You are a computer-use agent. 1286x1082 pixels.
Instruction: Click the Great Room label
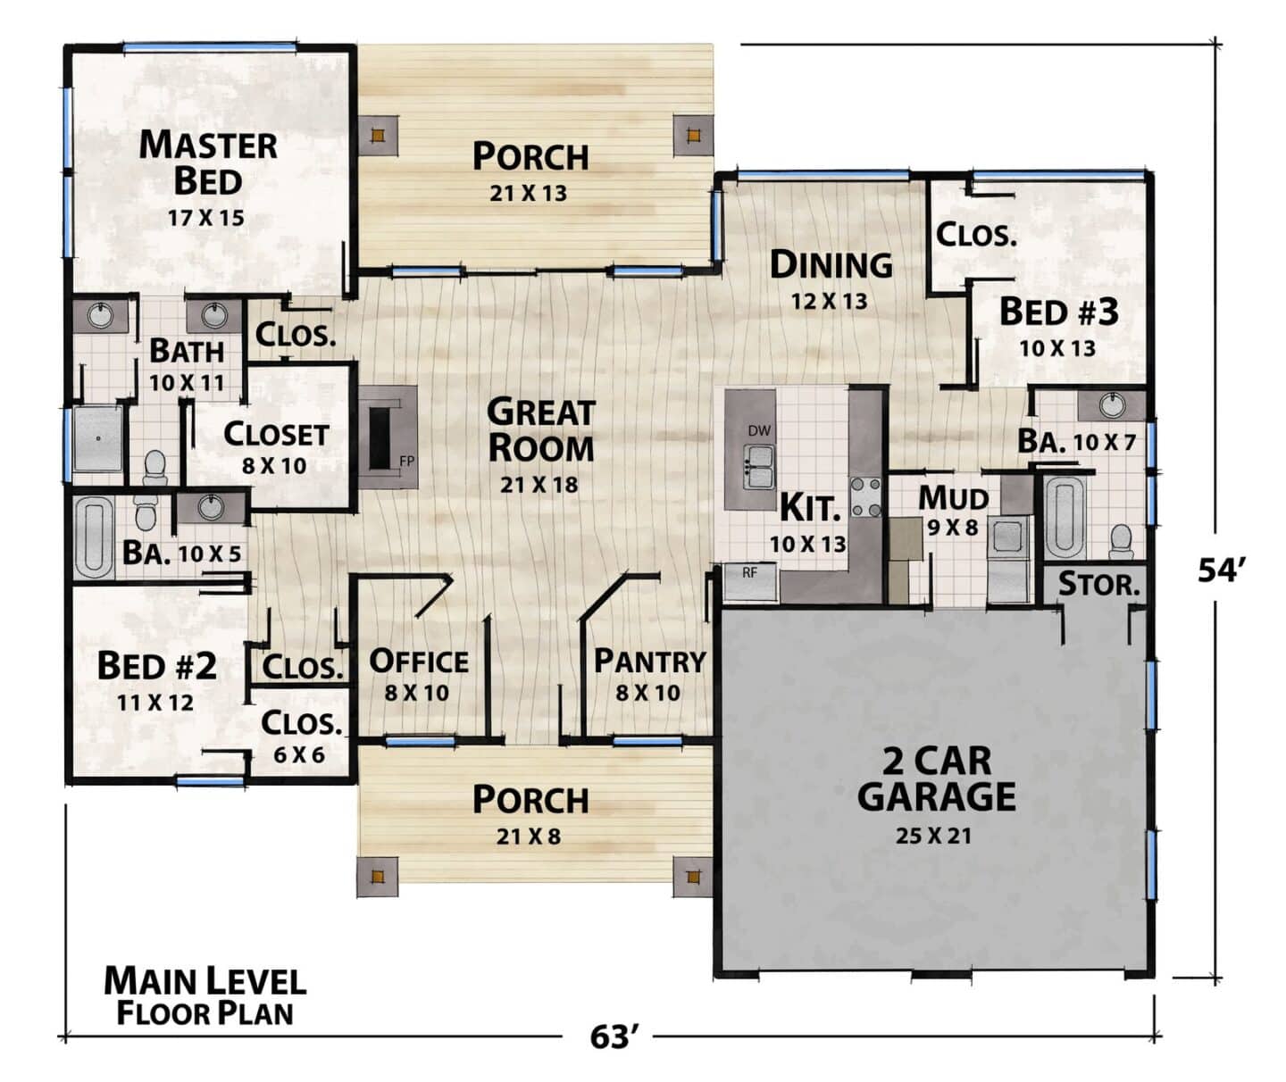(541, 429)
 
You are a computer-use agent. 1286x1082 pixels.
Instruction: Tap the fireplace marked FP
(388, 437)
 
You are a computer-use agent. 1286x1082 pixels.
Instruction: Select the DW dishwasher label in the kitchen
(759, 431)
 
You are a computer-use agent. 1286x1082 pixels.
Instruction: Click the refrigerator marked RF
(749, 582)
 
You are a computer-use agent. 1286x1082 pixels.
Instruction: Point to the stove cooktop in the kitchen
(864, 497)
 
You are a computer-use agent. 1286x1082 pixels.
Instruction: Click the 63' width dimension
(610, 1037)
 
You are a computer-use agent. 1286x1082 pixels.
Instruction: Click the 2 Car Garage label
(936, 778)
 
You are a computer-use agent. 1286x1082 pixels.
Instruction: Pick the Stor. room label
(1098, 584)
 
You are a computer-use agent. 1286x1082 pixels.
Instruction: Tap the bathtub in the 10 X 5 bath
(93, 537)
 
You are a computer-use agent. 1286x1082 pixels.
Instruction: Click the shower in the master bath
(98, 437)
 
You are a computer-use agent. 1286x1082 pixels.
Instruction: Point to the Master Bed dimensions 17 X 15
(206, 218)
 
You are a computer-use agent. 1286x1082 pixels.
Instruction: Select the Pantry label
(650, 662)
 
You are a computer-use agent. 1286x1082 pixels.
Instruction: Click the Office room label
(419, 662)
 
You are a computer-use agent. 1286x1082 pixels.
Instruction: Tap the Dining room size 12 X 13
(829, 301)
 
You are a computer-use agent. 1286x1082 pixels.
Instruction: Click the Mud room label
(954, 499)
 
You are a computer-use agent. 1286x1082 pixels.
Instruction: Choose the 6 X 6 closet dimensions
(298, 755)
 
